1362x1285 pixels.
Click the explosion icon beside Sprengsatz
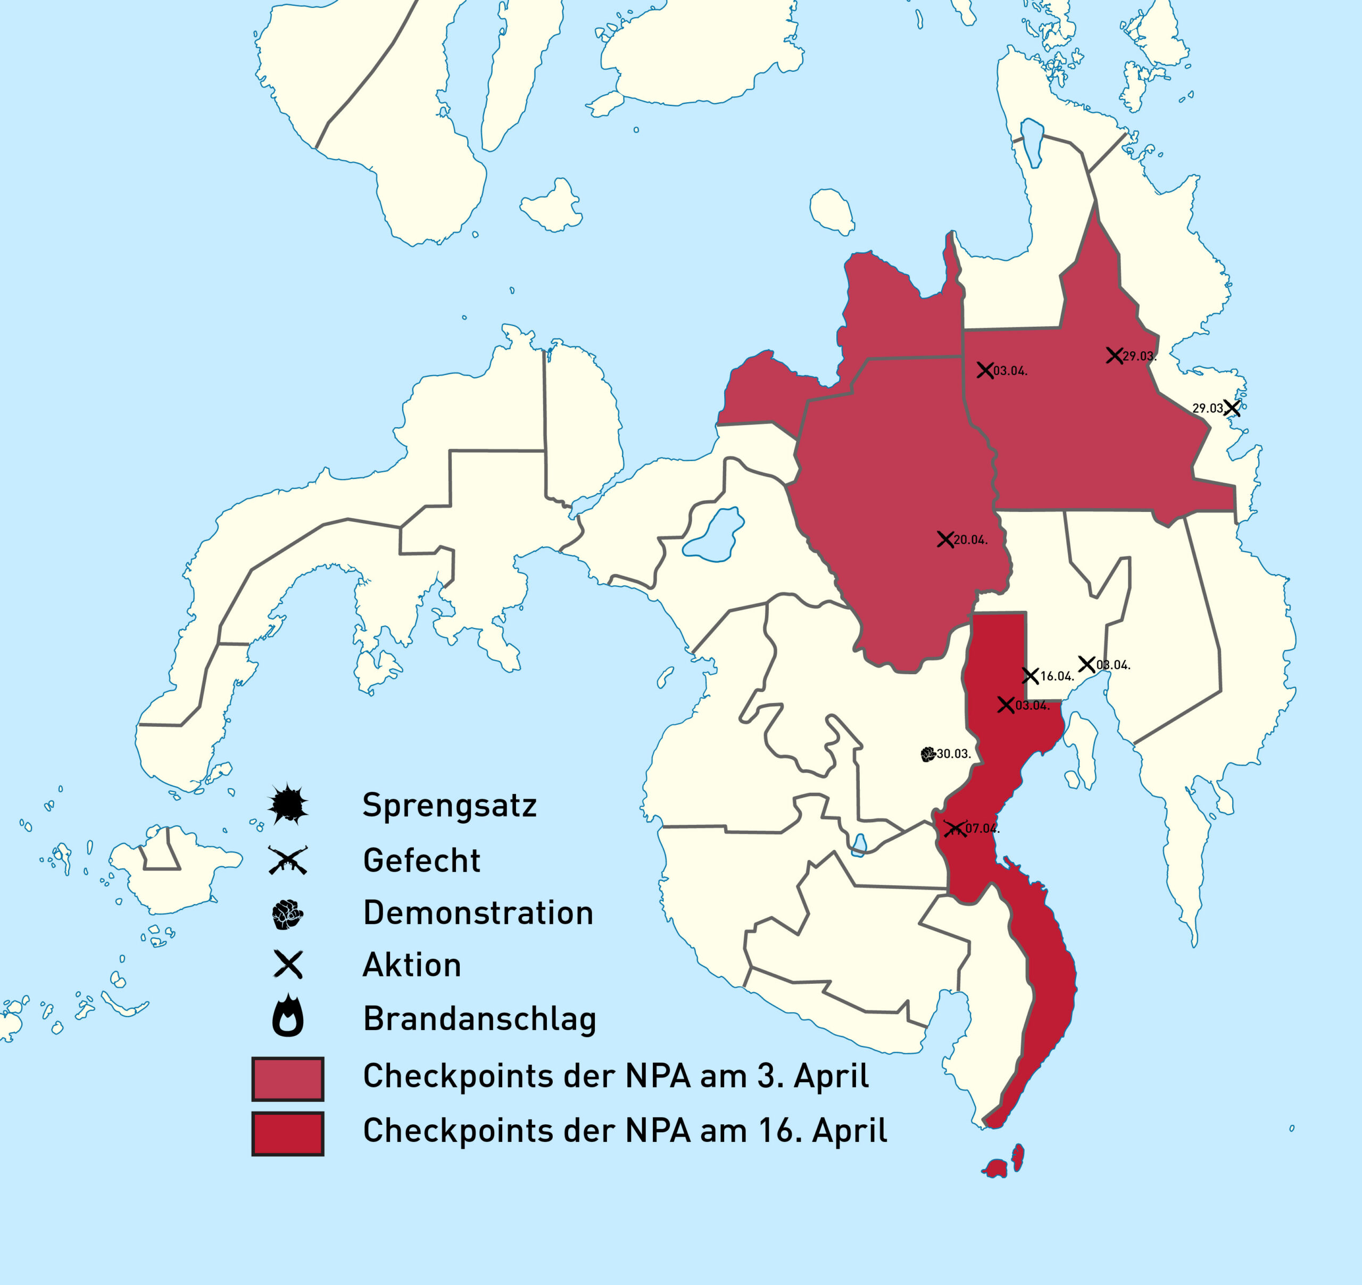tap(288, 803)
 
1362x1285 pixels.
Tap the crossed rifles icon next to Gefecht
tap(288, 860)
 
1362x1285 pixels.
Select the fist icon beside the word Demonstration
tap(288, 914)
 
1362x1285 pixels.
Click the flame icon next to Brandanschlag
tap(288, 1016)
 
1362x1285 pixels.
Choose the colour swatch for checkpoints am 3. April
tap(288, 1079)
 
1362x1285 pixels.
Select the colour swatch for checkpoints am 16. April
tap(288, 1133)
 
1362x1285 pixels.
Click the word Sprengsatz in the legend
tap(449, 805)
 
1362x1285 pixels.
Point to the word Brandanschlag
tap(479, 1019)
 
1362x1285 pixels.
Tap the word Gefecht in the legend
tap(421, 861)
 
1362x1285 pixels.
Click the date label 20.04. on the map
tap(971, 540)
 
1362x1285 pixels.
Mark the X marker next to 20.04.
tap(945, 540)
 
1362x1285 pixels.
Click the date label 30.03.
tap(954, 754)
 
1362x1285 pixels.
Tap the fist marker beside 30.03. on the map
tap(928, 755)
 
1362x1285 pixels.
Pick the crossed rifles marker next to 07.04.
tap(954, 828)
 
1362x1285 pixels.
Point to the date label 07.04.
tap(983, 828)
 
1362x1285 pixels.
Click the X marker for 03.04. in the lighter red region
tap(985, 371)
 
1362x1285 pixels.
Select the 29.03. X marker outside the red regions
tap(1232, 408)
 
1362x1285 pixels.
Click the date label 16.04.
tap(1057, 676)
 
